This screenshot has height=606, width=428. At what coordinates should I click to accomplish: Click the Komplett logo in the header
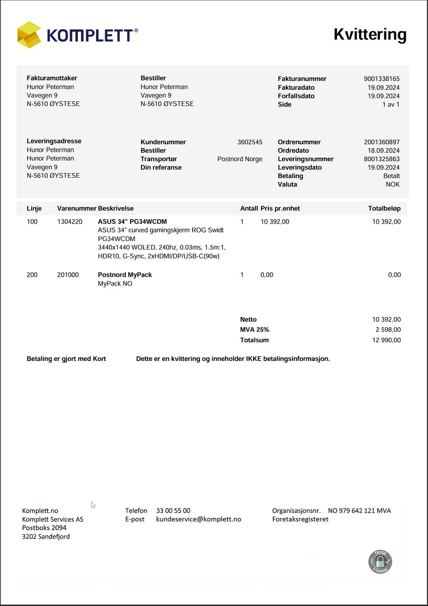click(78, 35)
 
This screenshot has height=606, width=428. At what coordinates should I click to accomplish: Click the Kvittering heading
click(370, 34)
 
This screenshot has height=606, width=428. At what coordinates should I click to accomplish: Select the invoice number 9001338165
click(381, 79)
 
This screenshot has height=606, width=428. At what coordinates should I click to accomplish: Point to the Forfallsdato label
click(296, 96)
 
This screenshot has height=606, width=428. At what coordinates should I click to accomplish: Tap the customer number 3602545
click(250, 142)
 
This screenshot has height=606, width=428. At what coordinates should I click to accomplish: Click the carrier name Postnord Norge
click(239, 159)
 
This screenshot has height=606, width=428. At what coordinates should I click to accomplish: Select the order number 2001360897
click(381, 142)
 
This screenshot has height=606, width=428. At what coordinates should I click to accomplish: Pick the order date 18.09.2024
click(383, 150)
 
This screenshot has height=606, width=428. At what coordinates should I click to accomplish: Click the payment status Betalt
click(391, 176)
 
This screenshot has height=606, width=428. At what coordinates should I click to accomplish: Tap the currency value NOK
click(392, 184)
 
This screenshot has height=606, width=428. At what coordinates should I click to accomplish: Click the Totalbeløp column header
click(384, 208)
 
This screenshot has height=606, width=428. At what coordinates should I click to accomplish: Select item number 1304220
click(70, 221)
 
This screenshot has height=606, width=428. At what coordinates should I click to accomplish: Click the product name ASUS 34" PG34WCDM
click(132, 221)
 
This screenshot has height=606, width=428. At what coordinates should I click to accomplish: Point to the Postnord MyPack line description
click(125, 275)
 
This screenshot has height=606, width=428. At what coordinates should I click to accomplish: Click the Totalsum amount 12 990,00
click(386, 340)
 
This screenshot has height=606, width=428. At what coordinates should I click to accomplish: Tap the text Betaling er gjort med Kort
click(66, 359)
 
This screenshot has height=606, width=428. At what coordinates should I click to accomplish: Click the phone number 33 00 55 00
click(173, 511)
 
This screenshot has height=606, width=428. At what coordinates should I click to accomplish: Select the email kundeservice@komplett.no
click(198, 519)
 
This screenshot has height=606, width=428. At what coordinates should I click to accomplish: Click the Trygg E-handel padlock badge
click(380, 561)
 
